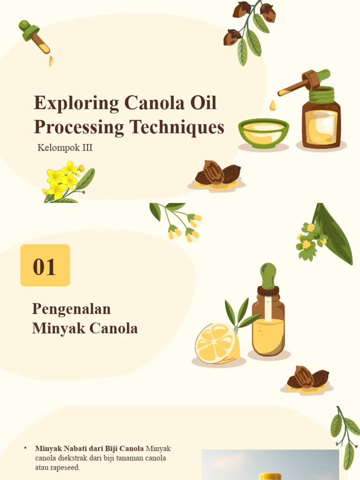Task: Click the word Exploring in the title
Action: click(70, 104)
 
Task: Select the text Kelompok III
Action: click(65, 148)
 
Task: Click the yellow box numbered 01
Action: click(45, 265)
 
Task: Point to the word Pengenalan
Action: click(71, 309)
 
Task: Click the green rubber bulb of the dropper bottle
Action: click(268, 274)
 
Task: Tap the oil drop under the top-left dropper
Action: click(51, 61)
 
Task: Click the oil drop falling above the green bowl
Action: click(273, 105)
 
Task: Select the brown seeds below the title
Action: click(217, 173)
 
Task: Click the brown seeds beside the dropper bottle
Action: click(307, 378)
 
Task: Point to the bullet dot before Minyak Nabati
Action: click(25, 449)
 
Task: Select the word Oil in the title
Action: click(203, 104)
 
